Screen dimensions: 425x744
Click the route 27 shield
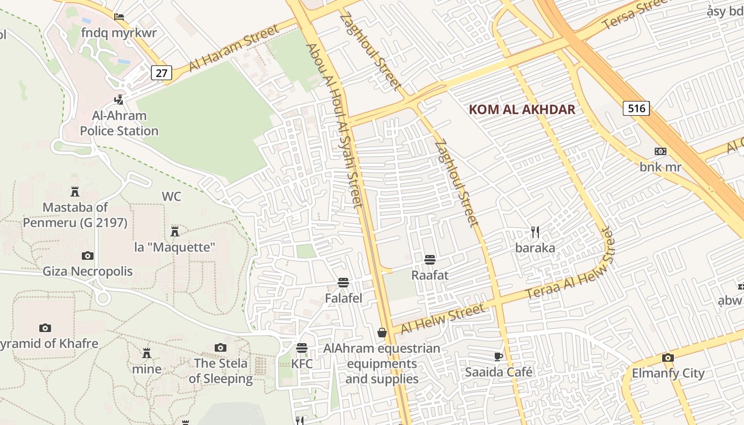coord(162,72)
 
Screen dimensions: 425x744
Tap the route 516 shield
coord(636,109)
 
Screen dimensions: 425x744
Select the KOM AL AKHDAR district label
coord(522,110)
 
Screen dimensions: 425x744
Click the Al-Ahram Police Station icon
coord(119,99)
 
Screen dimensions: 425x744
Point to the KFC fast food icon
coord(302,348)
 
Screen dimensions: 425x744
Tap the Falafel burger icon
coord(343,283)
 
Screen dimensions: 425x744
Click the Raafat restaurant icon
coord(430,260)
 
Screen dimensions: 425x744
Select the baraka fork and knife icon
coord(535,232)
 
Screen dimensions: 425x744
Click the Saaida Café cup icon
coord(498,356)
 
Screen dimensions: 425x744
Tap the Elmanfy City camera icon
coord(668,358)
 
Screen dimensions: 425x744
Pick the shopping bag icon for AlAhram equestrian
coord(382,333)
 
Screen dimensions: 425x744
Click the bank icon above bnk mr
coord(661,151)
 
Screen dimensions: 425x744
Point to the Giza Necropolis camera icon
coord(88,256)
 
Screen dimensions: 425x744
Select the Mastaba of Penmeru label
coord(75,215)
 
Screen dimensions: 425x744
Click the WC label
coord(171,197)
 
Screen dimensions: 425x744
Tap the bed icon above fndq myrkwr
coord(119,17)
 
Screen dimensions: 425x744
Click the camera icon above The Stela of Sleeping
coord(221,348)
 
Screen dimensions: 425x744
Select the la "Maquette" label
coord(174,247)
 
